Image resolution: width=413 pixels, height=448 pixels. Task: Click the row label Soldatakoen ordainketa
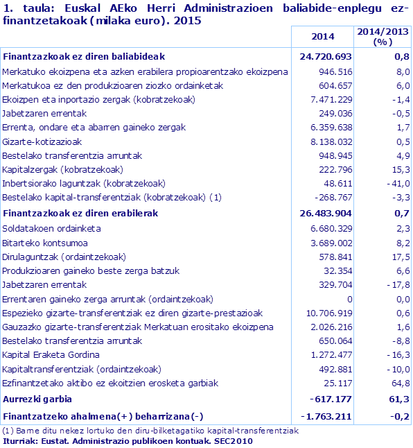[x=52, y=228]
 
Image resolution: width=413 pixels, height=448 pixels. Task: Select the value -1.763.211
[x=324, y=416]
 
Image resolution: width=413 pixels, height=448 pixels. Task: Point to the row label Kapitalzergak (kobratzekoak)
[x=63, y=169]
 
